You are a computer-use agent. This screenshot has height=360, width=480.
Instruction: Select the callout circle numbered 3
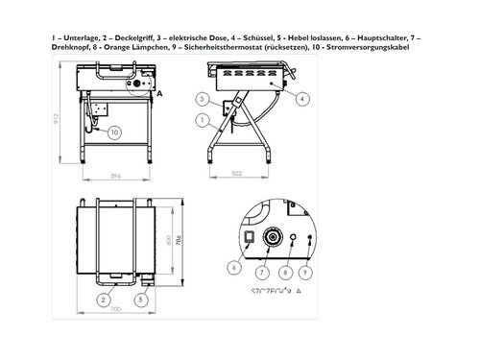click(200, 99)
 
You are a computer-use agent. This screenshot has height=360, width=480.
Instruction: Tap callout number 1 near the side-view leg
click(200, 121)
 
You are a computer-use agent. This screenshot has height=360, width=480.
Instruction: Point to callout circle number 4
click(303, 98)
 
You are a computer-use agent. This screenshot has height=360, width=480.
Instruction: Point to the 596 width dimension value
click(114, 177)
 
